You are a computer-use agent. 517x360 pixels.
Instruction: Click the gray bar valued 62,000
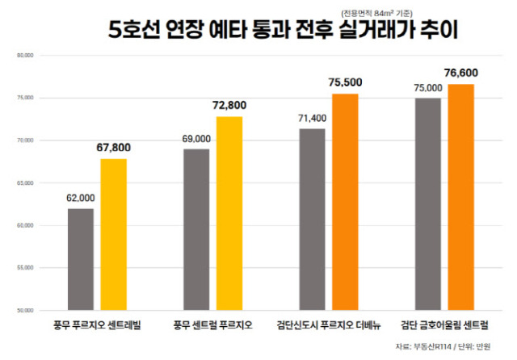coord(81,259)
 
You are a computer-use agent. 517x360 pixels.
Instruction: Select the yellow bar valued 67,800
coord(114,234)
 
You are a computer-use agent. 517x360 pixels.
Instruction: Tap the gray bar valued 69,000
coord(196,229)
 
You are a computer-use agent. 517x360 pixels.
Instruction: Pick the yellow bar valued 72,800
coord(229,213)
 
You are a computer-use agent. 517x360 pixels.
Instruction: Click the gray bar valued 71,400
coord(312,219)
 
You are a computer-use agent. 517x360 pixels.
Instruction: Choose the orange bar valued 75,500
coord(345,202)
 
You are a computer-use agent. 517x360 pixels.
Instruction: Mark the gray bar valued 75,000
coord(428,203)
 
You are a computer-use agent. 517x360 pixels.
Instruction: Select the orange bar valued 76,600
coord(461,197)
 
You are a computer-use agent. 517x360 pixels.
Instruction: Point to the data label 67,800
coord(113,148)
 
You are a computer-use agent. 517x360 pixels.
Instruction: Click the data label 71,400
coord(312,118)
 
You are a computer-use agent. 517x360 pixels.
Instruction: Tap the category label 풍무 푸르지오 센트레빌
coord(97,325)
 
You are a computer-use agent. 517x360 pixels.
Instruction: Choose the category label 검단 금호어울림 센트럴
coord(444,325)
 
